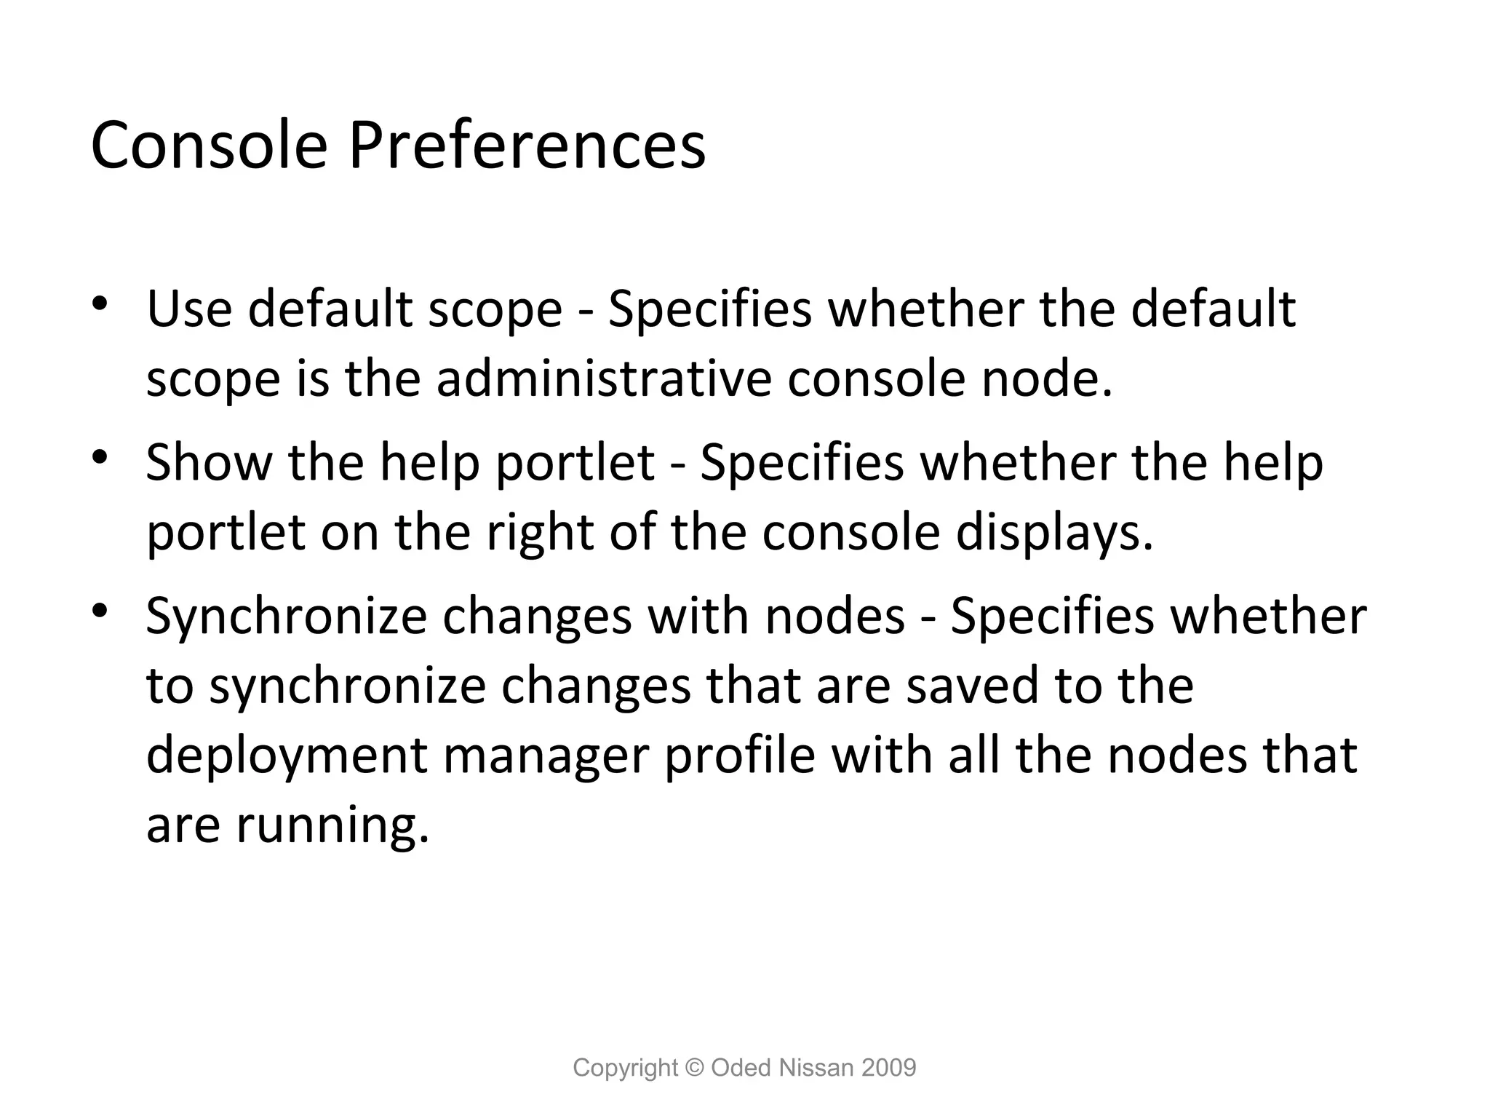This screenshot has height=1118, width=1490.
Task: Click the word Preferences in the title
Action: [x=527, y=146]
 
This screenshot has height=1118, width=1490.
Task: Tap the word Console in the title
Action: [x=209, y=146]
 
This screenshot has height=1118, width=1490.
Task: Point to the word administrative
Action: [x=603, y=379]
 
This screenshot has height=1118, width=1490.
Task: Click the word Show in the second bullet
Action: [x=209, y=462]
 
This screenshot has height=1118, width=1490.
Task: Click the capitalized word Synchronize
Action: [x=286, y=617]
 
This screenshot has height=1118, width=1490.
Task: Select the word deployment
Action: [x=286, y=756]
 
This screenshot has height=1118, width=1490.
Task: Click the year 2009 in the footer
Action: [x=888, y=1068]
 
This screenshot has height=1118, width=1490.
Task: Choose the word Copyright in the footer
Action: [x=625, y=1068]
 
